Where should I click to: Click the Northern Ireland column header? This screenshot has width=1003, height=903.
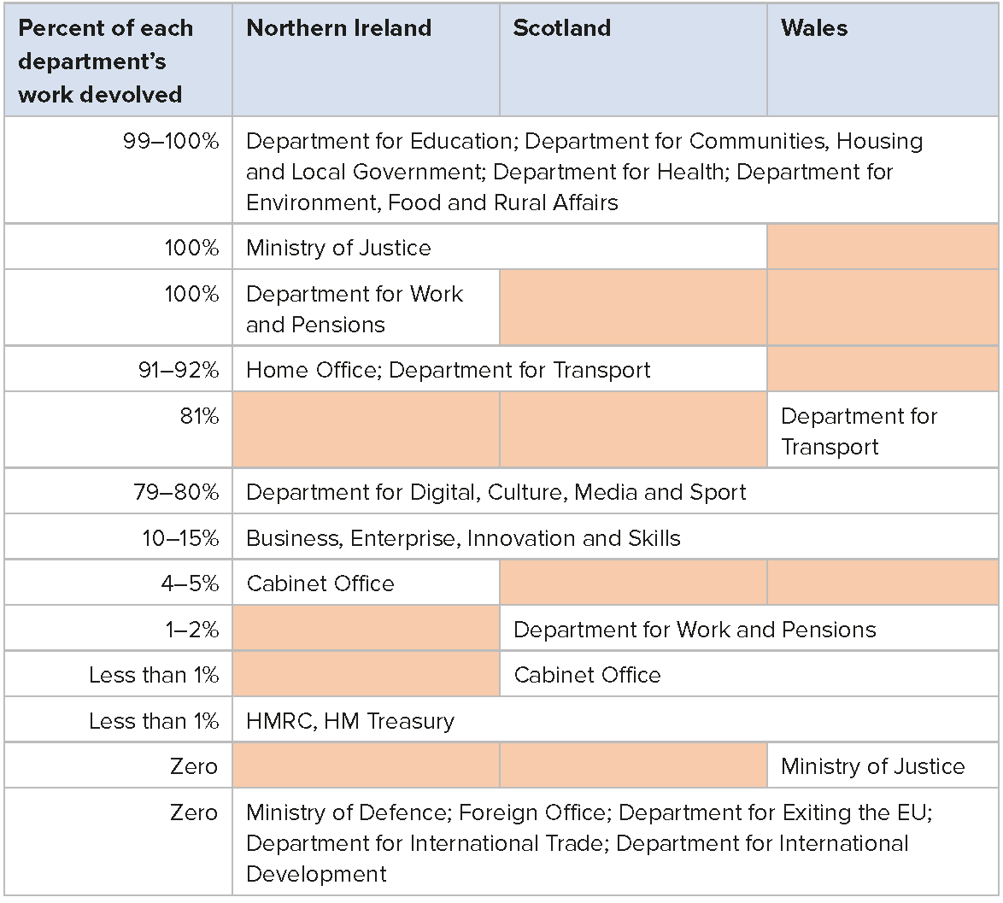click(338, 28)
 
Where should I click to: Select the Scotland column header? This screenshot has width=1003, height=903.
click(561, 28)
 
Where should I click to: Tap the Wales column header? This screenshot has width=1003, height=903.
click(813, 28)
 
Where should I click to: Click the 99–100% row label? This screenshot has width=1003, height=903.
click(171, 141)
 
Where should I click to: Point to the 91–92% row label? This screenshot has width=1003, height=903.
click(178, 370)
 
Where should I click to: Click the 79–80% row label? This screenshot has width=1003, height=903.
click(176, 492)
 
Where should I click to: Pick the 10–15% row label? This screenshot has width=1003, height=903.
click(179, 538)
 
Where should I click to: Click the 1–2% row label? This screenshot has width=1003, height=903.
click(191, 630)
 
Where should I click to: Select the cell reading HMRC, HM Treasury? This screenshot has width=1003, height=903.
click(349, 721)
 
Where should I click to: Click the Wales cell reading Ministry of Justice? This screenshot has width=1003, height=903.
click(872, 766)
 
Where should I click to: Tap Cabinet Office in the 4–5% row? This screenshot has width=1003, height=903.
click(320, 583)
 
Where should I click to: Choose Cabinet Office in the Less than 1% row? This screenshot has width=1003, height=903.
click(587, 675)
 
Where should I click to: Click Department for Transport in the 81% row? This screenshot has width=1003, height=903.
click(858, 431)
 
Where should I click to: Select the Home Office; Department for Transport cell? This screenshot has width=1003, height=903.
click(448, 370)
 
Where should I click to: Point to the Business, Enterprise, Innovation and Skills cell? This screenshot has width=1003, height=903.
click(463, 538)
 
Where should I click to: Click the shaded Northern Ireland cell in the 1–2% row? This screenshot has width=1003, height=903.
click(366, 629)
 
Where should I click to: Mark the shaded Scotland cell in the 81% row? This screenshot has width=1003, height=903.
click(633, 430)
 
